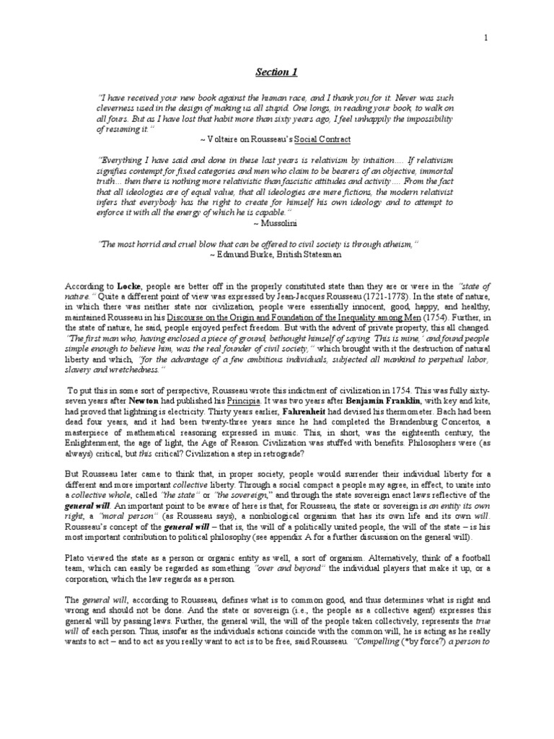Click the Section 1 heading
276,72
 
